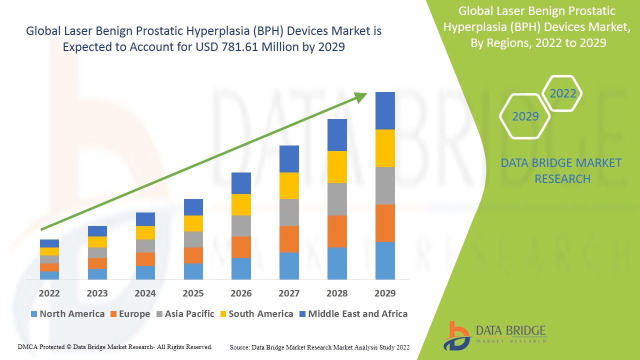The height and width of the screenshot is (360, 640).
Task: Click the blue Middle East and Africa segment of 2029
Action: (x=385, y=110)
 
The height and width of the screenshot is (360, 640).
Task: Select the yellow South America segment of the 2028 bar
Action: (x=337, y=166)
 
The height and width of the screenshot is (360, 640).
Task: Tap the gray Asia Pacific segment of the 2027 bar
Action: (x=289, y=212)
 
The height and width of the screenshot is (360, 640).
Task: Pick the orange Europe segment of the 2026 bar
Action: (x=241, y=247)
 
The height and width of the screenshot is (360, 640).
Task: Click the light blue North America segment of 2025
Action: (x=193, y=271)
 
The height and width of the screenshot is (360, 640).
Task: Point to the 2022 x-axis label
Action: (x=49, y=293)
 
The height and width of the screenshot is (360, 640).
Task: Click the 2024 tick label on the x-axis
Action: (x=145, y=293)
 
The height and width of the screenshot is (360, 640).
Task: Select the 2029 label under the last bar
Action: (x=385, y=293)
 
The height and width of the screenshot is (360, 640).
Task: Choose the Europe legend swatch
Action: (x=113, y=314)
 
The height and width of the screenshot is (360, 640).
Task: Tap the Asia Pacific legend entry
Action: (x=185, y=314)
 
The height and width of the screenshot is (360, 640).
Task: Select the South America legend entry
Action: (x=256, y=314)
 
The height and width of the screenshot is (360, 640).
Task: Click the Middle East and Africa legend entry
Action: (x=353, y=314)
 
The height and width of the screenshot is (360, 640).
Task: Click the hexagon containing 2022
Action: (x=562, y=93)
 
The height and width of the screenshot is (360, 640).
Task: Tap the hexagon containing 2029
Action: (x=525, y=116)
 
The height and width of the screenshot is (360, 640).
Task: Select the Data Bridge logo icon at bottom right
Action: (x=455, y=335)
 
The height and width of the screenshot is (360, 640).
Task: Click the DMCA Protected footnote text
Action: (x=115, y=346)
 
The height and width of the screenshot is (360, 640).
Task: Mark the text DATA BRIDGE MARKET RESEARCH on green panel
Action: (x=562, y=170)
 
